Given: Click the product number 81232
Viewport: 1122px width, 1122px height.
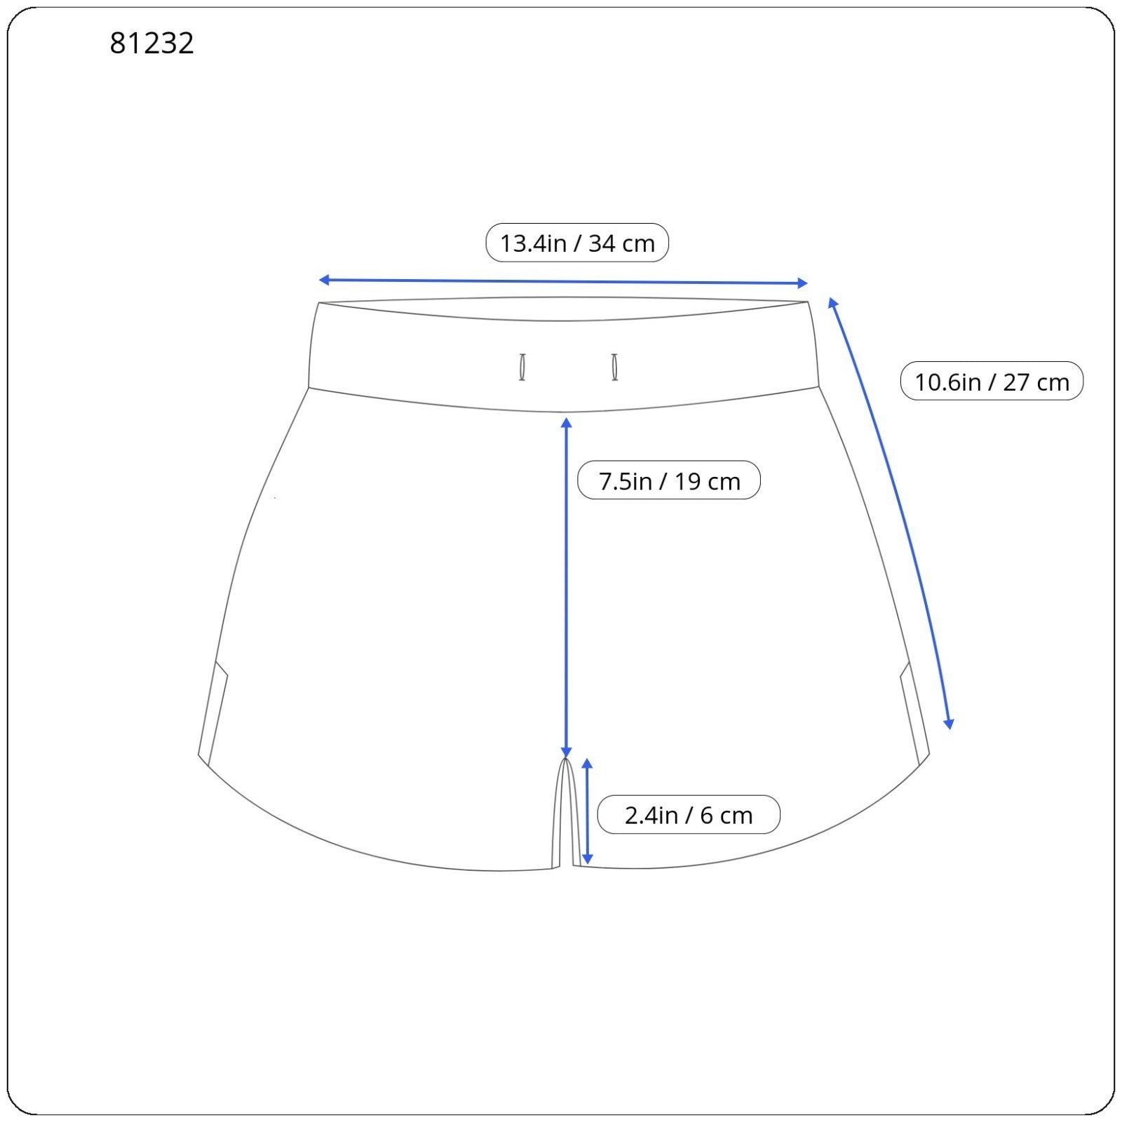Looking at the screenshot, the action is [151, 43].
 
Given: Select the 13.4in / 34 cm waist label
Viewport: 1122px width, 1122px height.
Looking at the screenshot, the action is [577, 243].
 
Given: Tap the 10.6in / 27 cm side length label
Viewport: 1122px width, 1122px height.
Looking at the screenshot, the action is [992, 381].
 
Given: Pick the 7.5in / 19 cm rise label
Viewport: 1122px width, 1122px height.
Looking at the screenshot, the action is [669, 480].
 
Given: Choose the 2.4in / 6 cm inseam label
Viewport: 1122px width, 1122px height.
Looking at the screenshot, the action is [689, 815].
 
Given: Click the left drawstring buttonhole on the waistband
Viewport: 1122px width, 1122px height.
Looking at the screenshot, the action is [522, 367].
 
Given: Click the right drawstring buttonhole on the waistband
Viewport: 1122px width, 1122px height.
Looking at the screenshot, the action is [615, 367].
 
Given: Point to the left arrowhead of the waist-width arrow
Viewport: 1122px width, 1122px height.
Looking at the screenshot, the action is [324, 280].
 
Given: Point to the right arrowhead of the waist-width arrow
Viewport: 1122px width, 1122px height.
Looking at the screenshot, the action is [803, 283].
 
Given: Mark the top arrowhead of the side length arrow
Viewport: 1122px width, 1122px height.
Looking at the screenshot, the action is [832, 302].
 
